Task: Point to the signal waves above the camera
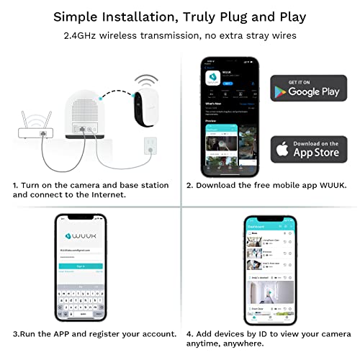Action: (148, 76)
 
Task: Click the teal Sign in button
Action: (80, 266)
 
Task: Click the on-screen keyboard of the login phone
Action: (80, 295)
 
